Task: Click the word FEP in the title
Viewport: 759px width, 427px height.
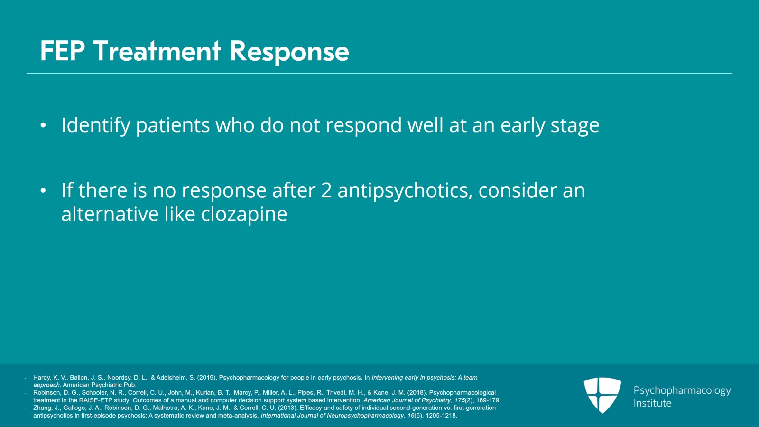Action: point(62,51)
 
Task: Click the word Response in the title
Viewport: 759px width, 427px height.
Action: point(289,51)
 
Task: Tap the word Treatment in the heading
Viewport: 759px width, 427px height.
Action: point(157,51)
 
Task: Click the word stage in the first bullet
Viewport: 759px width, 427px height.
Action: point(574,126)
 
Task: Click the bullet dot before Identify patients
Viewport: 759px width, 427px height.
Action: point(43,126)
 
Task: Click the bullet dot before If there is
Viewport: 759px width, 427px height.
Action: point(43,191)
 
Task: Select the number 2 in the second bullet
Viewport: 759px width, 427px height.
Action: point(326,191)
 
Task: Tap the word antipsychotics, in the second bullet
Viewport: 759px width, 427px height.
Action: point(405,191)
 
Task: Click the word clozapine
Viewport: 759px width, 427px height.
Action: point(244,215)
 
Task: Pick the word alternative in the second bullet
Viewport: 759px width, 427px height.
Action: point(110,215)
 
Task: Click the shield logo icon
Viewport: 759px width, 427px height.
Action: point(602,395)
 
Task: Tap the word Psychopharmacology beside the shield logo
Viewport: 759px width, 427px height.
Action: point(682,390)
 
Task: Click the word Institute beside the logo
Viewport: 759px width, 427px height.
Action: point(652,403)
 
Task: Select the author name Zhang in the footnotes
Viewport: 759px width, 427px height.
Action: point(42,408)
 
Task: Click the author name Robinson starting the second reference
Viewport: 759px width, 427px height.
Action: point(46,393)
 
